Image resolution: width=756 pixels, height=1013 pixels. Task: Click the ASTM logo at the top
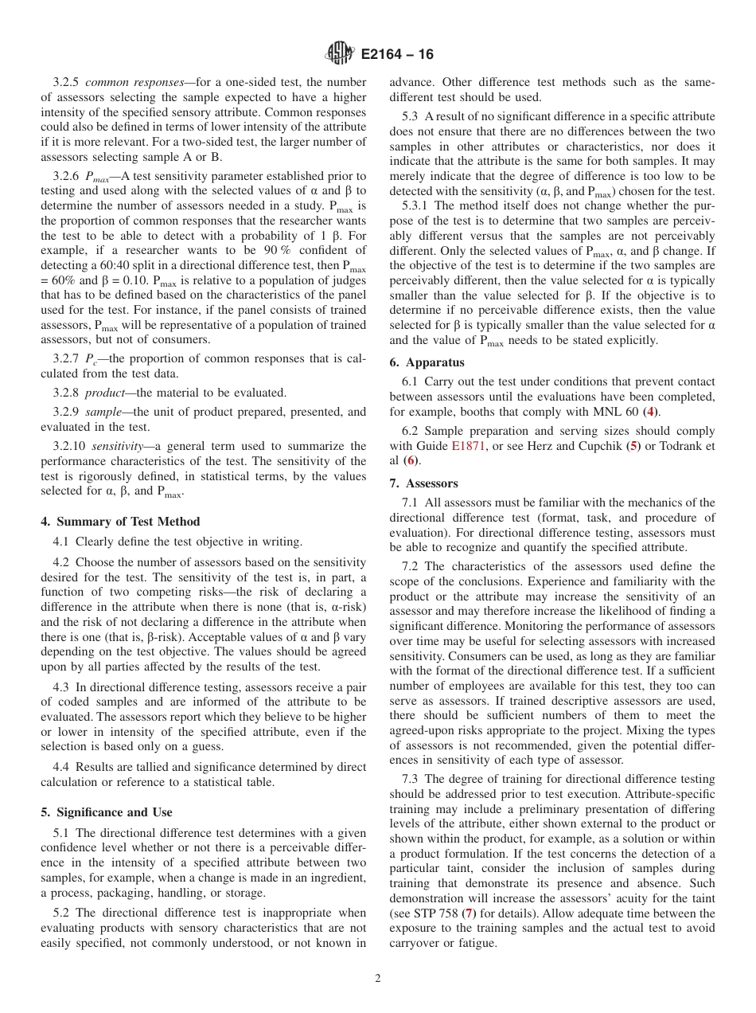coord(340,54)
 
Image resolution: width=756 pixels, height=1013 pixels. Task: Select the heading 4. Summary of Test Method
coord(121,522)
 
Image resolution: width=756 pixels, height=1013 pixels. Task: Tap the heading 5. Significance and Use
coord(107,812)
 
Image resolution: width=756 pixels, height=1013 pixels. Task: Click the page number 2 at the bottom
coord(378,979)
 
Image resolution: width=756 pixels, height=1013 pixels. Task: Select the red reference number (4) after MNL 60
coord(651,412)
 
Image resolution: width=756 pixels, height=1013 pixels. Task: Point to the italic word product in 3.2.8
coord(105,392)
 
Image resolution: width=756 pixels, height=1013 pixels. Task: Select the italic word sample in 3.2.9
coord(103,412)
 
